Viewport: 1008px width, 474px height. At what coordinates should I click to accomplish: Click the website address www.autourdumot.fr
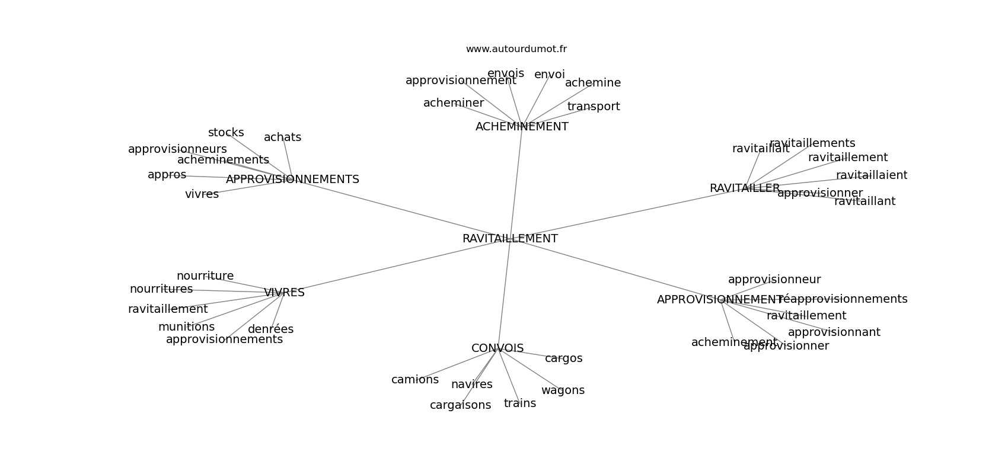point(516,49)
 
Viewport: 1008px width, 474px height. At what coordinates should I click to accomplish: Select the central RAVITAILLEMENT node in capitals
point(510,239)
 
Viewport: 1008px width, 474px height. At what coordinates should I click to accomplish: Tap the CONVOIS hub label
point(497,348)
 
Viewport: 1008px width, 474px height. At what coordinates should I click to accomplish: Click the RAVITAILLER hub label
point(745,188)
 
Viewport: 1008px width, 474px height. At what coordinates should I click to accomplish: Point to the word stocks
point(226,133)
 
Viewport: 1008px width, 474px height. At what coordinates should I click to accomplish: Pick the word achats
point(282,137)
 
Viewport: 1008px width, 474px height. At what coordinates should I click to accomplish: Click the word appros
point(167,175)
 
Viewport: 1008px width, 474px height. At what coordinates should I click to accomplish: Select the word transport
point(594,107)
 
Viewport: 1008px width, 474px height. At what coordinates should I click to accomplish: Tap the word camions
point(415,380)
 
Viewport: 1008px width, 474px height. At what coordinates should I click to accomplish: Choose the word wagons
point(563,390)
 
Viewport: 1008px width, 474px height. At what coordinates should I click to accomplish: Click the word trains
point(520,403)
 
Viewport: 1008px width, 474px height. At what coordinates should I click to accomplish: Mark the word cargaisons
point(460,405)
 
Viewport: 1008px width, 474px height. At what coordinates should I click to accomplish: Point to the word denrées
point(270,329)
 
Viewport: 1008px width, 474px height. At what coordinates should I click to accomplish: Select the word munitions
point(186,327)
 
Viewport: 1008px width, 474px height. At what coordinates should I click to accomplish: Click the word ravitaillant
point(865,201)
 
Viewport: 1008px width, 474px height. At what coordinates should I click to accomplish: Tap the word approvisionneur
point(774,280)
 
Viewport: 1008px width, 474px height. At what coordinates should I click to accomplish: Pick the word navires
point(471,385)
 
